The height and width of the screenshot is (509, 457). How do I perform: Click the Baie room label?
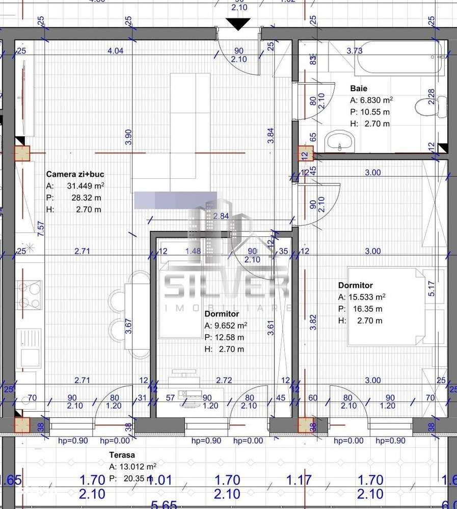coord(359,88)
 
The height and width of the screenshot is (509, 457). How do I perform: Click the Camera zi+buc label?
coord(75,174)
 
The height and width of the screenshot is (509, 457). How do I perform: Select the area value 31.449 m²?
coord(85,186)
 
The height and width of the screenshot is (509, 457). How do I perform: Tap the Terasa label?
coord(122,455)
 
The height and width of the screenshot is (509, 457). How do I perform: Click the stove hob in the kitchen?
coord(29,294)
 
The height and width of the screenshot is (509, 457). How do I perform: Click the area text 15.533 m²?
coord(366,297)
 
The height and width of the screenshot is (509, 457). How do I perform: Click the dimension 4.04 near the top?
coord(116,50)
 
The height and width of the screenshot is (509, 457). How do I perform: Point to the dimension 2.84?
coord(221,217)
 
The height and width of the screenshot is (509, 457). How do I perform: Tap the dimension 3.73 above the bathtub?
coord(354,50)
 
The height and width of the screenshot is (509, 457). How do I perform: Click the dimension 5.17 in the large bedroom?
coord(431,288)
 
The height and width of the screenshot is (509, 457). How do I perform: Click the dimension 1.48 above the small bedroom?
coord(193,251)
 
